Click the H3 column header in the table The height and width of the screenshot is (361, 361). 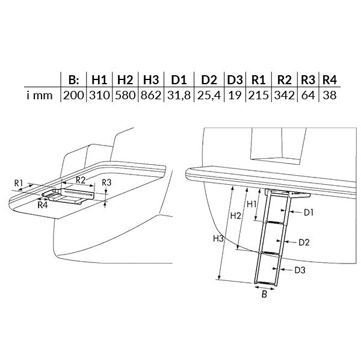pos(151,80)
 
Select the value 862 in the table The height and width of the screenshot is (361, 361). pos(151,95)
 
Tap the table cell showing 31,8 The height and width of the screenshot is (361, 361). pos(179,95)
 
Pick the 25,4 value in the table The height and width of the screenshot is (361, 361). pos(209,95)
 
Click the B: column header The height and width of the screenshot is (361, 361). pos(73,80)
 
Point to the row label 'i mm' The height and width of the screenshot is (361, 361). pos(39,95)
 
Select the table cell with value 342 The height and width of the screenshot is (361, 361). pos(285,95)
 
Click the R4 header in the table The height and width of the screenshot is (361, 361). pos(330,80)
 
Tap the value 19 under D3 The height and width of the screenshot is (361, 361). pos(235,95)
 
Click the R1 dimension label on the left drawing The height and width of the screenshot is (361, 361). pos(19,184)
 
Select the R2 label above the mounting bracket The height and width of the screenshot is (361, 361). pos(81,180)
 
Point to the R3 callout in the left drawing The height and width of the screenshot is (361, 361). pos(106,182)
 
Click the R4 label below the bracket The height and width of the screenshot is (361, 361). pos(43,205)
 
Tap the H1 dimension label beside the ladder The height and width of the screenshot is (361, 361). pos(251,204)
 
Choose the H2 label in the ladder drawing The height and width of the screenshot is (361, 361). pos(236,216)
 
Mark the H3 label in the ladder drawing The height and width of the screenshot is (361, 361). pos(218,239)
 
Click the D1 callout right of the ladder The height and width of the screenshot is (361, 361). pos(309,213)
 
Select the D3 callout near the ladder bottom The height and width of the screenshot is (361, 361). pos(300,270)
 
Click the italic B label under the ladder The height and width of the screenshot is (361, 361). pos(264,294)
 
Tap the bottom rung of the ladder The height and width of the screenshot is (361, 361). pos(265,283)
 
